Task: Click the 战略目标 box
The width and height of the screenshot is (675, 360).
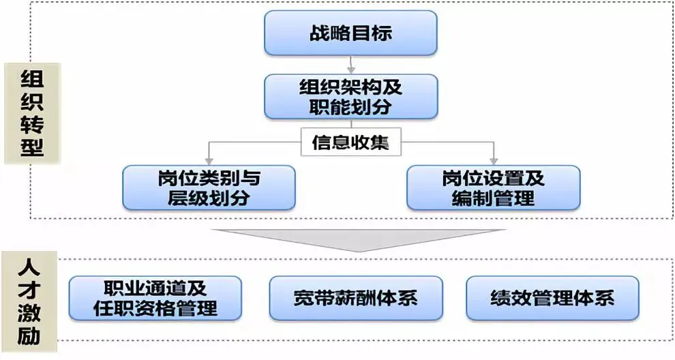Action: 350,33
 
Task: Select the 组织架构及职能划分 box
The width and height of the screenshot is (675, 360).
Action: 350,97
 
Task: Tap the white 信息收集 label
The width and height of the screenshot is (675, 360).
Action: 351,143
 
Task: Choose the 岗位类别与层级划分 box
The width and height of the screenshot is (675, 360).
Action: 209,188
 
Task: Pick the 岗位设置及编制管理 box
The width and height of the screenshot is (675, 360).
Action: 493,188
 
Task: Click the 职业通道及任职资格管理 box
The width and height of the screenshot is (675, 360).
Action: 155,298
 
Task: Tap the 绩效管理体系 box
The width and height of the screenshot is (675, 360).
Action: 552,298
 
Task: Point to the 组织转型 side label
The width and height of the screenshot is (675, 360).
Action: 32,113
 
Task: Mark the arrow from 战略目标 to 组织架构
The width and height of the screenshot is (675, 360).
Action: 350,65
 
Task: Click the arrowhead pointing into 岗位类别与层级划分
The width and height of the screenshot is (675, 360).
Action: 209,161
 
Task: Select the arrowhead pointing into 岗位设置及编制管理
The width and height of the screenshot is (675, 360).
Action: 494,161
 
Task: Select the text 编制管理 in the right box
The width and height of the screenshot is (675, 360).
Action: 493,199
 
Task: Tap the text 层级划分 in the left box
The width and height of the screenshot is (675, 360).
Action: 209,199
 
